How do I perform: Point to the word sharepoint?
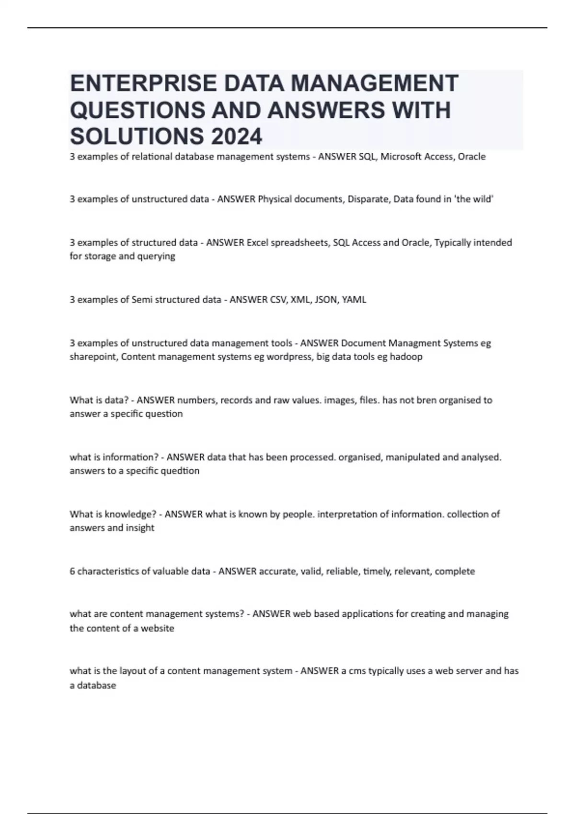coord(93,357)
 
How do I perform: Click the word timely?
coord(377,571)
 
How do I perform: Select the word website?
coord(158,628)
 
